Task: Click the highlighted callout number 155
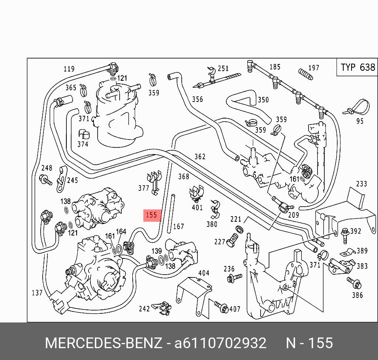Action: tap(152, 215)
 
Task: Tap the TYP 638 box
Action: tap(357, 68)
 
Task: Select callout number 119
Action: tap(69, 69)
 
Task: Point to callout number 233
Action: tap(361, 184)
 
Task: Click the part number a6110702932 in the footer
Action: tap(220, 343)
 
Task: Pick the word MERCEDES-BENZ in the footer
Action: tap(103, 343)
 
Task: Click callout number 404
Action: tap(203, 273)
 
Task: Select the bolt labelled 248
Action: tap(45, 181)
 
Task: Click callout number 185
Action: tap(275, 67)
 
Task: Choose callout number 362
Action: tap(200, 156)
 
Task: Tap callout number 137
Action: tap(37, 293)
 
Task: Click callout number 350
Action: tap(263, 100)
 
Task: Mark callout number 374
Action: tap(83, 144)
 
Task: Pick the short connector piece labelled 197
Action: tap(305, 74)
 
